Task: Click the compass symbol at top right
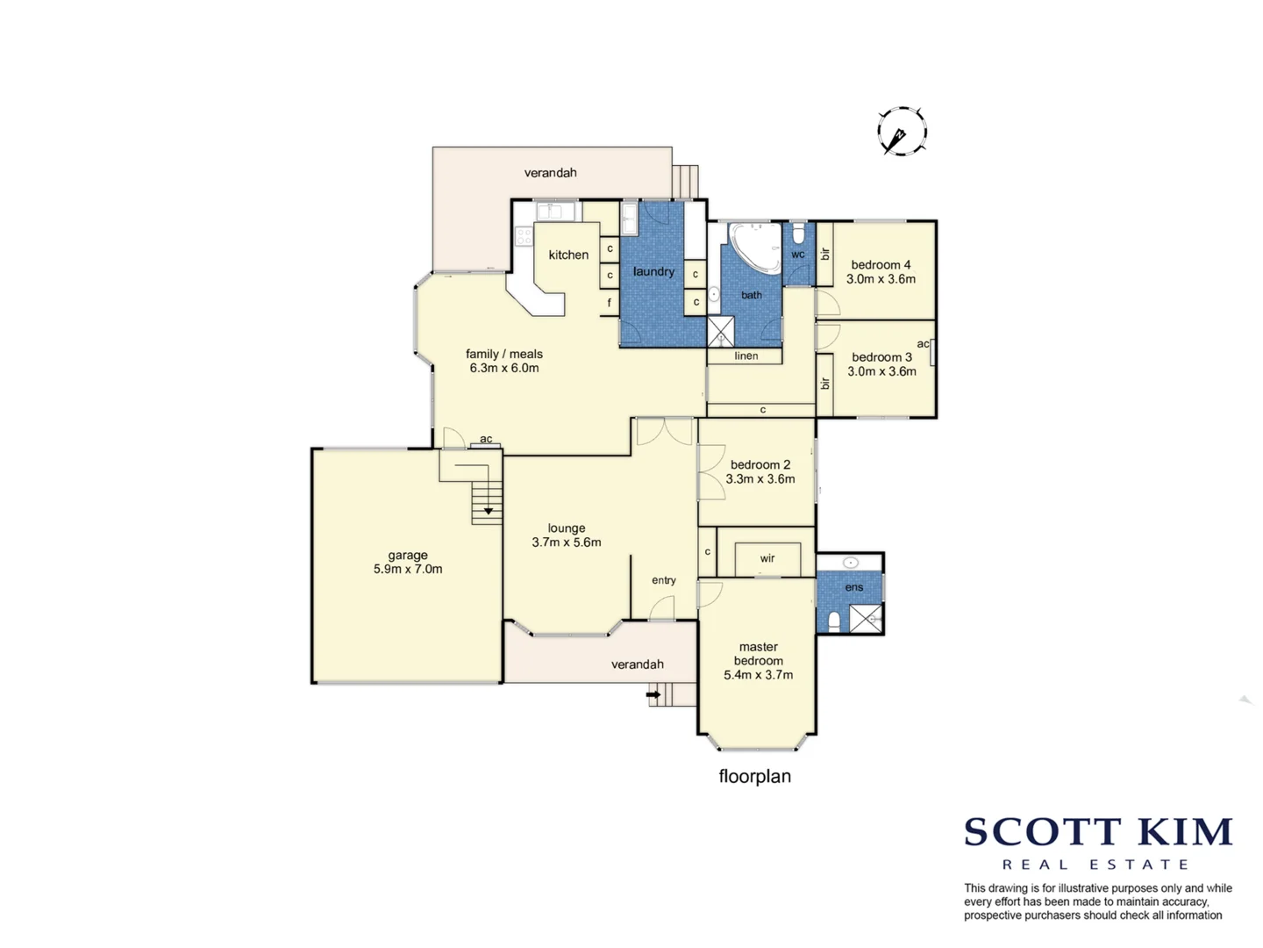902,132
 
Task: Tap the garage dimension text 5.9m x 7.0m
408,569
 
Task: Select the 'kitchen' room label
568,255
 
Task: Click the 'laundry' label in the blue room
653,271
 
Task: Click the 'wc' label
798,255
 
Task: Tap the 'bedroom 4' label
881,264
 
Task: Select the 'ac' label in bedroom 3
923,343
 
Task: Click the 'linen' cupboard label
746,355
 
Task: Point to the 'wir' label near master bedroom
767,558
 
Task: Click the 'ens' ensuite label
854,587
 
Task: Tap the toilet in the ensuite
834,621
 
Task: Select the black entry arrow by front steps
653,694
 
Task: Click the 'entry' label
664,580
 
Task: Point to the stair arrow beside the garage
489,510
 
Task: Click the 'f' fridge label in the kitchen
610,304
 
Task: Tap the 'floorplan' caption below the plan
754,776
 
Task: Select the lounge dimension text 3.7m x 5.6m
567,542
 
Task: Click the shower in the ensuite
866,619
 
